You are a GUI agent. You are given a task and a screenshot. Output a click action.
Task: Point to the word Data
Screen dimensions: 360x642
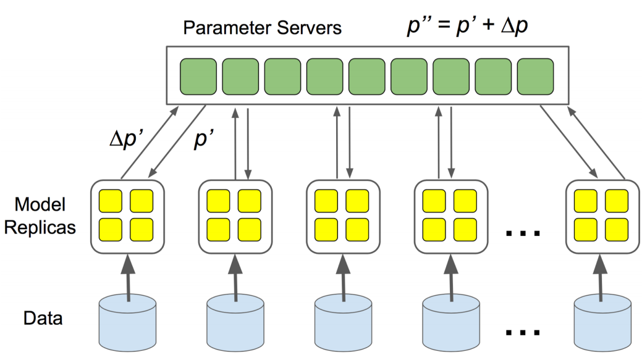[x=43, y=319]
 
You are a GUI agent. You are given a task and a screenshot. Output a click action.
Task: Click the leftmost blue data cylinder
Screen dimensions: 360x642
[x=128, y=322]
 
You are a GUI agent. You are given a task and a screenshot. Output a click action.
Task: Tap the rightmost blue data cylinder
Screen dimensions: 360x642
[x=602, y=322]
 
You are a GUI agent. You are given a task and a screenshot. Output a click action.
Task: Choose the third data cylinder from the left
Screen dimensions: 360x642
[x=343, y=322]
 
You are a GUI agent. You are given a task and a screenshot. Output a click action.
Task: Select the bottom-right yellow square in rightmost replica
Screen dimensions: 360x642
[x=616, y=229]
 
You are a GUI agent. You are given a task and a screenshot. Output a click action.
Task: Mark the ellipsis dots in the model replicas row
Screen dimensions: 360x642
[x=523, y=233]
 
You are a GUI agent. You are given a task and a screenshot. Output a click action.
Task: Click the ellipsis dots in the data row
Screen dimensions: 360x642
[x=523, y=332]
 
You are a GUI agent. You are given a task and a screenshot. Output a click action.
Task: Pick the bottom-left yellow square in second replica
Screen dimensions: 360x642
[x=218, y=229]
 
